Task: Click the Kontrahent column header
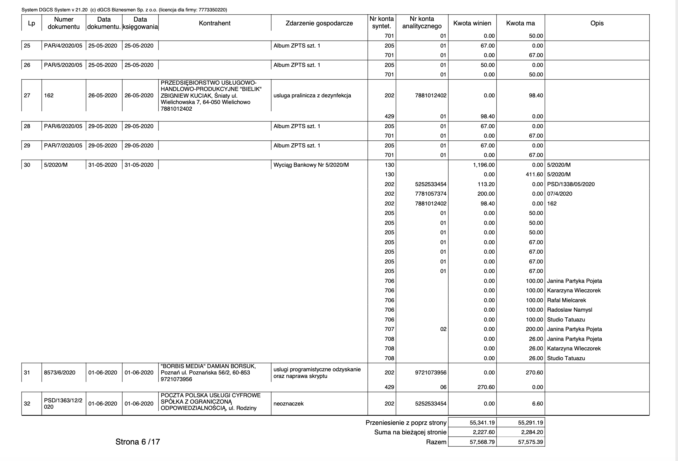tap(214, 23)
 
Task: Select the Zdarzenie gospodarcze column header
tap(319, 23)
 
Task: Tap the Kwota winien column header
tap(472, 23)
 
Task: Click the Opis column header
tap(597, 23)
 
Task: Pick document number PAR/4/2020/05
tap(63, 46)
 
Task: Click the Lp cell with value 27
tap(27, 95)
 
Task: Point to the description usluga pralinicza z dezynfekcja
tap(312, 95)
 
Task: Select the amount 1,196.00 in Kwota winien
tap(483, 165)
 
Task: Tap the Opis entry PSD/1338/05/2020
tap(571, 184)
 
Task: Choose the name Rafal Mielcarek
tap(566, 300)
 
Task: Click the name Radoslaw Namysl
tap(569, 310)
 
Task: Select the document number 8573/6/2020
tap(60, 373)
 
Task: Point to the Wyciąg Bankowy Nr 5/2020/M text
tap(311, 165)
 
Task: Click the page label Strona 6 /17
tap(138, 442)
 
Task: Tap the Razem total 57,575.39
tap(530, 442)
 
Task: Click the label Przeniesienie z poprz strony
tap(406, 423)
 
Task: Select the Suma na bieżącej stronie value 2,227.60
tap(482, 432)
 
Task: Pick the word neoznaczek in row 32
tap(288, 404)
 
